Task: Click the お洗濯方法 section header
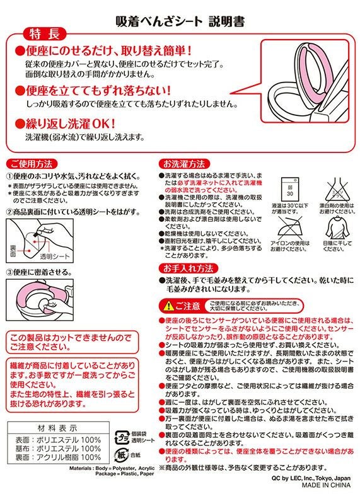point(184,163)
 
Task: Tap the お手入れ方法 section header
point(187,285)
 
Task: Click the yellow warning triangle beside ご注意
point(167,307)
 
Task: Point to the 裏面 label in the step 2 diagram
point(18,249)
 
